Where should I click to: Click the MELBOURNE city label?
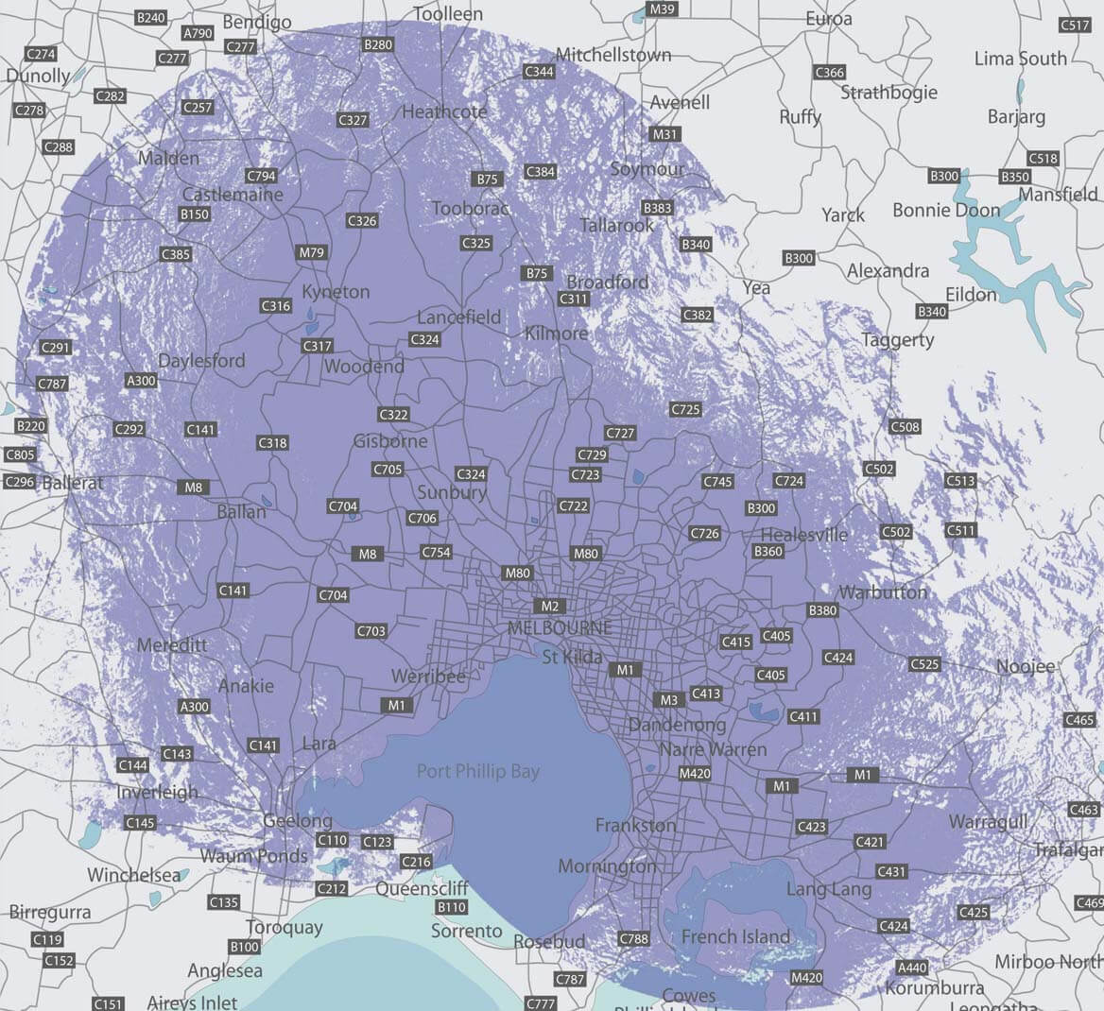pyautogui.click(x=560, y=628)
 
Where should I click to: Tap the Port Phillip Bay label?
pyautogui.click(x=478, y=772)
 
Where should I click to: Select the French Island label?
pyautogui.click(x=735, y=937)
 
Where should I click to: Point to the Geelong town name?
pyautogui.click(x=298, y=820)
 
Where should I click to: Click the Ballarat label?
pyautogui.click(x=73, y=483)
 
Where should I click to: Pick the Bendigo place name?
pyautogui.click(x=257, y=23)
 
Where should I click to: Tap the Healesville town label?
pyautogui.click(x=804, y=535)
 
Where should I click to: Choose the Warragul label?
pyautogui.click(x=988, y=821)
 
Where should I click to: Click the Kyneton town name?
pyautogui.click(x=336, y=292)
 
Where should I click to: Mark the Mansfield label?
pyautogui.click(x=1058, y=195)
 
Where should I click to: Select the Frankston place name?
pyautogui.click(x=636, y=826)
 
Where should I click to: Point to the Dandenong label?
pyautogui.click(x=677, y=726)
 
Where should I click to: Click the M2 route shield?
pyautogui.click(x=549, y=607)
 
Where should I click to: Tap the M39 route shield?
pyautogui.click(x=662, y=9)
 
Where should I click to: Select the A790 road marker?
pyautogui.click(x=198, y=33)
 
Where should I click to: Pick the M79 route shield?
pyautogui.click(x=312, y=252)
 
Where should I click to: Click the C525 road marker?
pyautogui.click(x=924, y=664)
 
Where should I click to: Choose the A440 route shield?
pyautogui.click(x=912, y=967)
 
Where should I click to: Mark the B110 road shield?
pyautogui.click(x=451, y=907)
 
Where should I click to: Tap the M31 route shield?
pyautogui.click(x=665, y=134)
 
